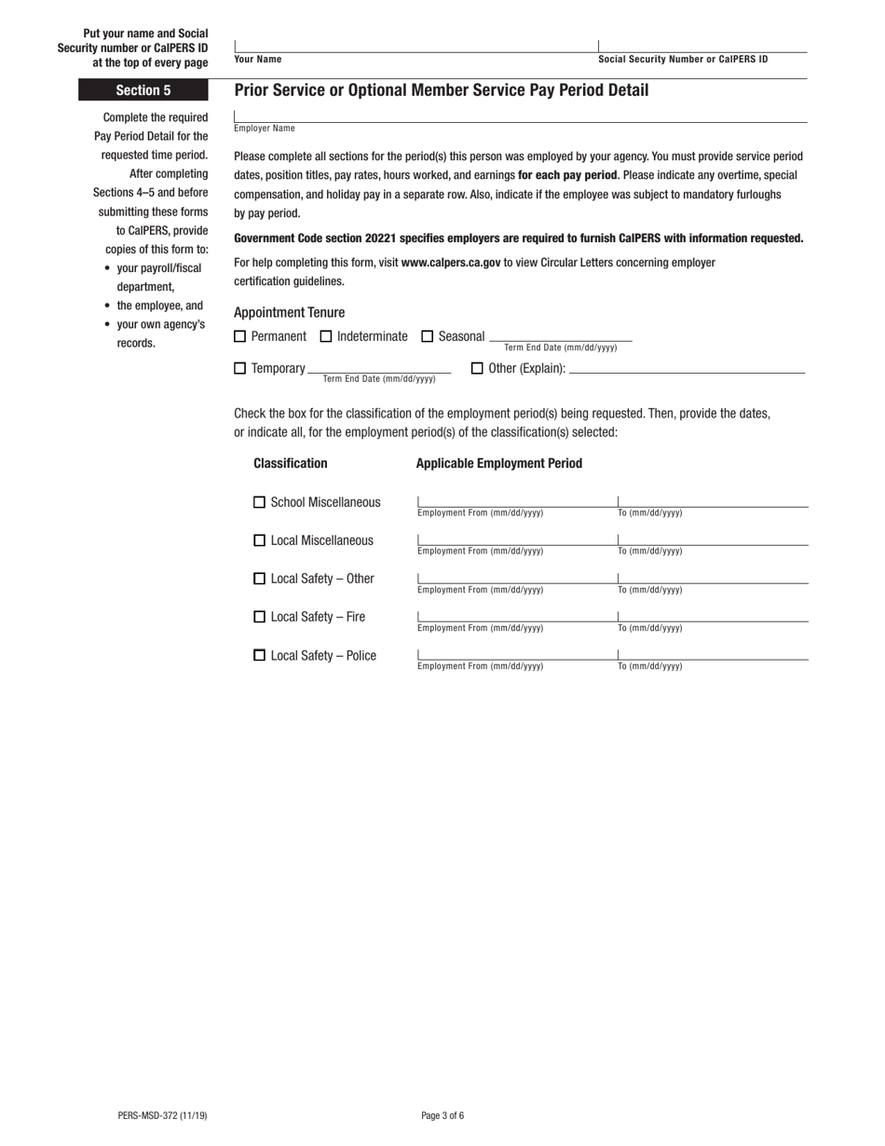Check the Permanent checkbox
pos(240,336)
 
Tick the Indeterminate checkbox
pos(326,336)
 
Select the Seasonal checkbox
pos(428,336)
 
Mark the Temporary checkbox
pos(240,368)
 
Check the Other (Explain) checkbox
pos(478,368)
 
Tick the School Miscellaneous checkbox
pos(260,502)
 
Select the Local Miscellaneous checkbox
pos(260,540)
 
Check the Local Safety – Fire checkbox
pos(260,617)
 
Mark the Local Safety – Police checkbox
pos(260,656)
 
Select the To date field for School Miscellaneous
pos(713,500)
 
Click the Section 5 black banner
pos(143,90)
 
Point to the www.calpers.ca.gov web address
pos(451,263)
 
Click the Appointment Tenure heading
pos(289,312)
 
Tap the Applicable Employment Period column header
pos(499,463)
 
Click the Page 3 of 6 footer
pos(442,1115)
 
